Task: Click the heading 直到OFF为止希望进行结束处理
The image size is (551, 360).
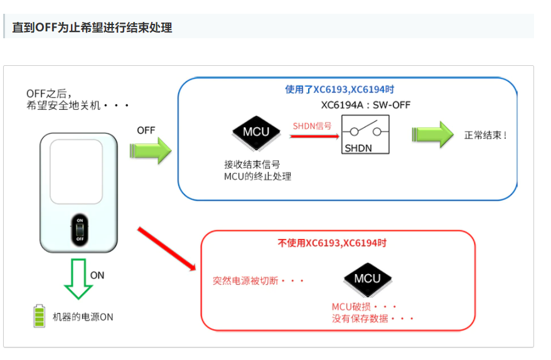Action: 92,28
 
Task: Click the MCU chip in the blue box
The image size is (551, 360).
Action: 256,132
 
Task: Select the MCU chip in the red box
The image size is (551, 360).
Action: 367,278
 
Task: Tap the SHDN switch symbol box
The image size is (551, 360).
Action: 365,134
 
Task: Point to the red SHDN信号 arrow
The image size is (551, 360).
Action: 314,135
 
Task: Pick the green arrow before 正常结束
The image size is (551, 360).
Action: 432,134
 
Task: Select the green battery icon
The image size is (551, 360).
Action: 40,316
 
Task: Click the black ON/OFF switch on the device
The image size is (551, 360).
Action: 80,230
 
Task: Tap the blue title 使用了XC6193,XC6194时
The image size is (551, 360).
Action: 340,90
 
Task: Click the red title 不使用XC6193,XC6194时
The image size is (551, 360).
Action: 337,243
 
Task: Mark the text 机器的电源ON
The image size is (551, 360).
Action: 83,317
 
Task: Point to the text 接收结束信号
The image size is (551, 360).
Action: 252,164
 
